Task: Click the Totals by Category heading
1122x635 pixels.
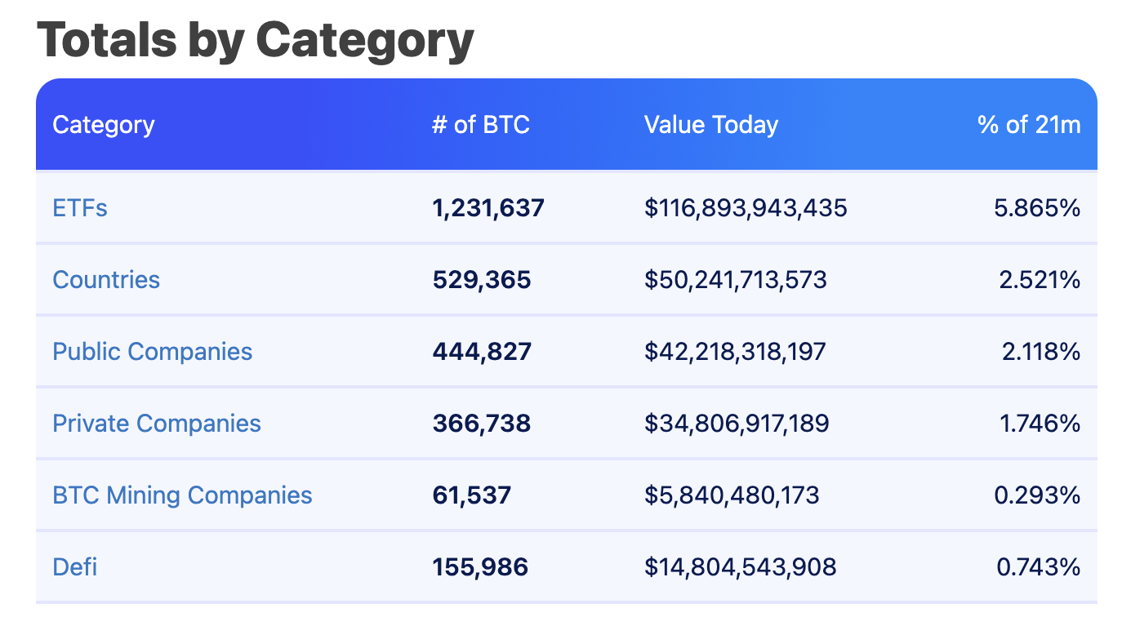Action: pos(255,39)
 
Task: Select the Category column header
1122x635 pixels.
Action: pos(103,125)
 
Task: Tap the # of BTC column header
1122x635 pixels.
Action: pos(480,125)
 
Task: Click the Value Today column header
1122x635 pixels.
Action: pos(710,125)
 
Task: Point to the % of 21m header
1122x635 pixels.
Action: pos(1029,125)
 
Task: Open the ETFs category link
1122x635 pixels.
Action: pos(80,208)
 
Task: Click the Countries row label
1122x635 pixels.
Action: pos(106,280)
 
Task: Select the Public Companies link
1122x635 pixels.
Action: pos(152,352)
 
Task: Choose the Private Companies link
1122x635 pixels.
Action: pos(157,424)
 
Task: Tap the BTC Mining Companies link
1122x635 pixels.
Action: pos(182,495)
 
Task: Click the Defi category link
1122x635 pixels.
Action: pos(74,567)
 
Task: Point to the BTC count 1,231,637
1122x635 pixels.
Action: pos(488,208)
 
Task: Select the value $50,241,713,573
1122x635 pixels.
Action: pos(735,280)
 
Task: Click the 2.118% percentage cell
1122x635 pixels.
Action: pos(1040,352)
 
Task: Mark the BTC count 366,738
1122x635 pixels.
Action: pos(481,424)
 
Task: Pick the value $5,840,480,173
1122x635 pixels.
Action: pos(732,495)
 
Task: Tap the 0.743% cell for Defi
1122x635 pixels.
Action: pos(1039,567)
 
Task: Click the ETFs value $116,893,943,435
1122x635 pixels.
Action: pos(746,208)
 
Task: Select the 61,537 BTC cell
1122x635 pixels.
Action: pos(471,495)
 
